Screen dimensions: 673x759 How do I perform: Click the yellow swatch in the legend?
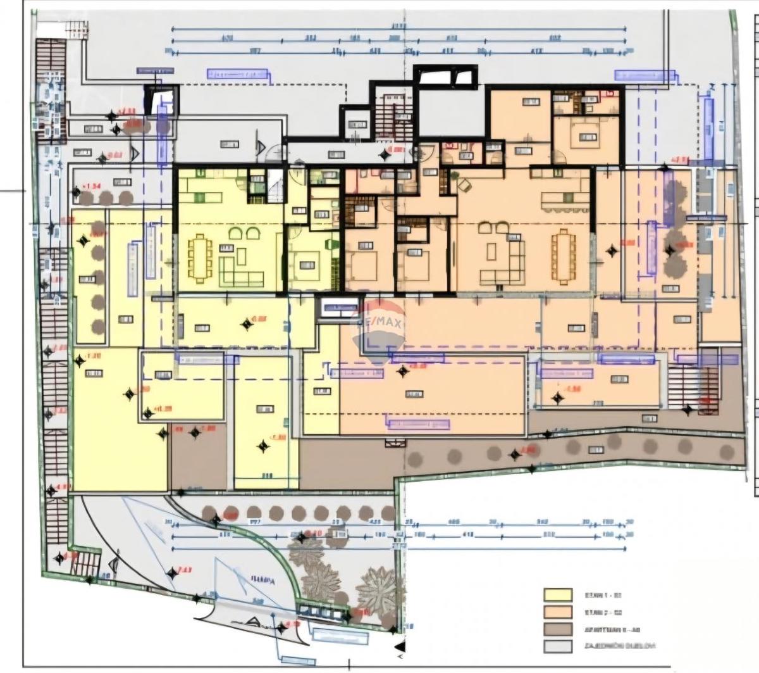pos(558,594)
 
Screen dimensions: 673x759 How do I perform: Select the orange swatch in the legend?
pos(558,612)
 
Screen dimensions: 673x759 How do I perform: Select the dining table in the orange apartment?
pos(563,257)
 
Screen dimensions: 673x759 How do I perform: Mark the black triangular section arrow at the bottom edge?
pos(399,647)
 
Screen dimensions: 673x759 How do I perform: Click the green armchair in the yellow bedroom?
pos(330,243)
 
